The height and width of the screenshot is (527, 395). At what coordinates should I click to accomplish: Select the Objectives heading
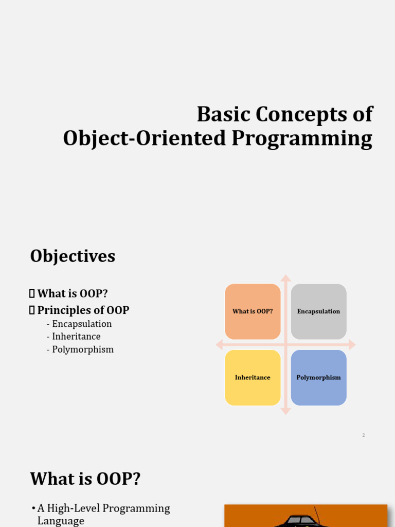[x=73, y=256]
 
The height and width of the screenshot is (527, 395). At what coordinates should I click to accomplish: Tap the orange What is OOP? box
[x=253, y=311]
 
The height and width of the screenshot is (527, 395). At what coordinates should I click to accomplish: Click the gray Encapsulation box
[x=318, y=311]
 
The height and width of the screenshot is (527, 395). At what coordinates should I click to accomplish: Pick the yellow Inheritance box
[x=253, y=377]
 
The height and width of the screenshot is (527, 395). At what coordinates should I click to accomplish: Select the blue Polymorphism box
[x=318, y=377]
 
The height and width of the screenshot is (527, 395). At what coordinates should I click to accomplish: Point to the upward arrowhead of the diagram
[x=286, y=278]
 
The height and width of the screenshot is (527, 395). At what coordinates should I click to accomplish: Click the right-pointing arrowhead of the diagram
[x=352, y=344]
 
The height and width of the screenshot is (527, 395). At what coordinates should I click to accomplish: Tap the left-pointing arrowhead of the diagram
[x=220, y=344]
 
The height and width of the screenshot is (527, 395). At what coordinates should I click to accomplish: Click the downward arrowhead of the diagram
[x=286, y=411]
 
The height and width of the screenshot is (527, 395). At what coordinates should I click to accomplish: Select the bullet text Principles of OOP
[x=83, y=310]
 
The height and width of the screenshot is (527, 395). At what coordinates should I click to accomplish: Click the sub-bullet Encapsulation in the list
[x=81, y=324]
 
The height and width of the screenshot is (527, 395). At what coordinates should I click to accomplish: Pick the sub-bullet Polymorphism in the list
[x=82, y=349]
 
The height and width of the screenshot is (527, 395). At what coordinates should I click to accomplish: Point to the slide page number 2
[x=363, y=435]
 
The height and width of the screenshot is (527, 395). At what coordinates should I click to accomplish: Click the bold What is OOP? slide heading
[x=85, y=479]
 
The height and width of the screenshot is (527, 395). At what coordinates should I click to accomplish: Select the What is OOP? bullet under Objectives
[x=72, y=293]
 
